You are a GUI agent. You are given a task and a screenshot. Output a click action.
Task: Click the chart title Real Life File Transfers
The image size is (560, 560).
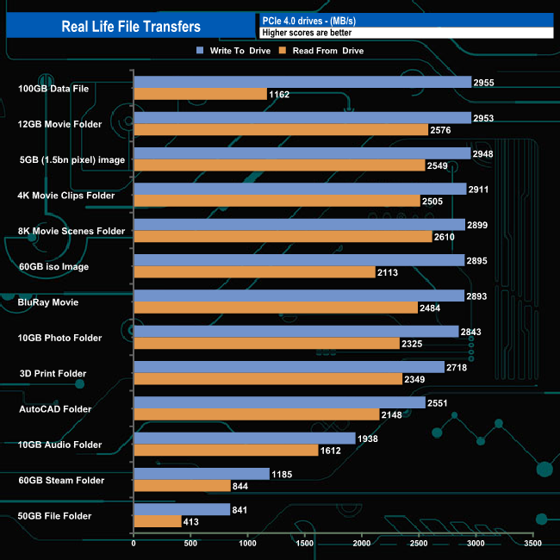(x=130, y=27)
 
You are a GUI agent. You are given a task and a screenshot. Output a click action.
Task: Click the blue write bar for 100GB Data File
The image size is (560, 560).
(x=302, y=82)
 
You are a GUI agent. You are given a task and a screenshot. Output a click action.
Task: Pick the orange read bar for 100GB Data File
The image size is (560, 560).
(x=200, y=94)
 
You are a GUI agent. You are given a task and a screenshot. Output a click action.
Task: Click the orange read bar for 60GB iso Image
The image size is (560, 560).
(x=254, y=272)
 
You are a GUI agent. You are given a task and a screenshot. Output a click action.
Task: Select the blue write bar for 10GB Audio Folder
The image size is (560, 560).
(x=245, y=439)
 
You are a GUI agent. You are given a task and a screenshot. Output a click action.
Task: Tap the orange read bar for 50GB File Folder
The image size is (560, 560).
(x=157, y=521)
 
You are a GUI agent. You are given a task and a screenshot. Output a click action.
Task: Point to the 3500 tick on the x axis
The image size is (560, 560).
(x=533, y=544)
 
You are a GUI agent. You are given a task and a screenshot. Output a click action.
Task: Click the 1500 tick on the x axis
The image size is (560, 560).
(x=305, y=544)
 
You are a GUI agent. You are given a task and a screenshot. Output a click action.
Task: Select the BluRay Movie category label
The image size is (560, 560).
(x=48, y=302)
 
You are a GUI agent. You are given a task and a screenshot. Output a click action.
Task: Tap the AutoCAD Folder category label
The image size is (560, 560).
(x=54, y=409)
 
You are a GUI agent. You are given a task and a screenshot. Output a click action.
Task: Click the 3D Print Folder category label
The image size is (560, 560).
(x=53, y=373)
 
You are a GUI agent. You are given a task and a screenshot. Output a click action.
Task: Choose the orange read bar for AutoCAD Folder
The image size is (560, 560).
(x=257, y=414)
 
